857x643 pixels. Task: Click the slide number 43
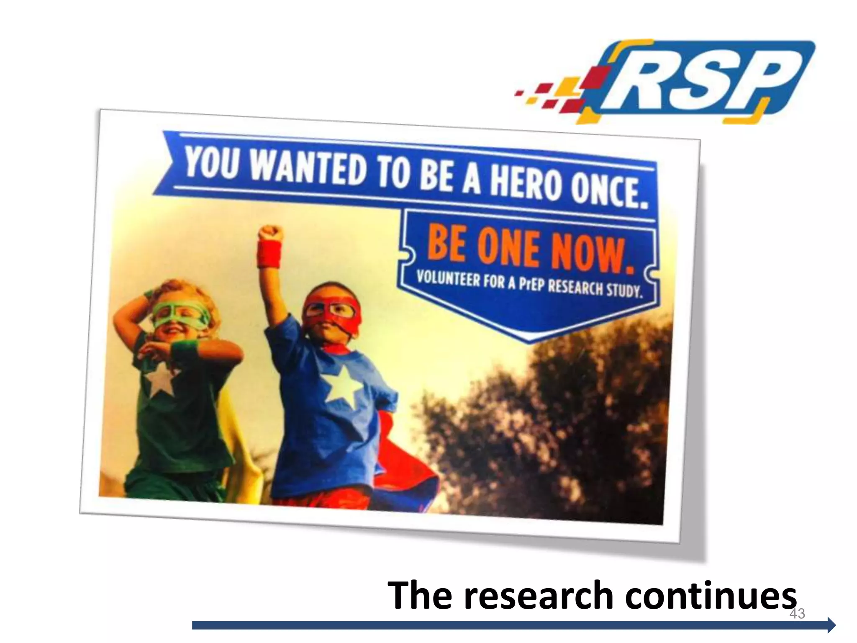[797, 614]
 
